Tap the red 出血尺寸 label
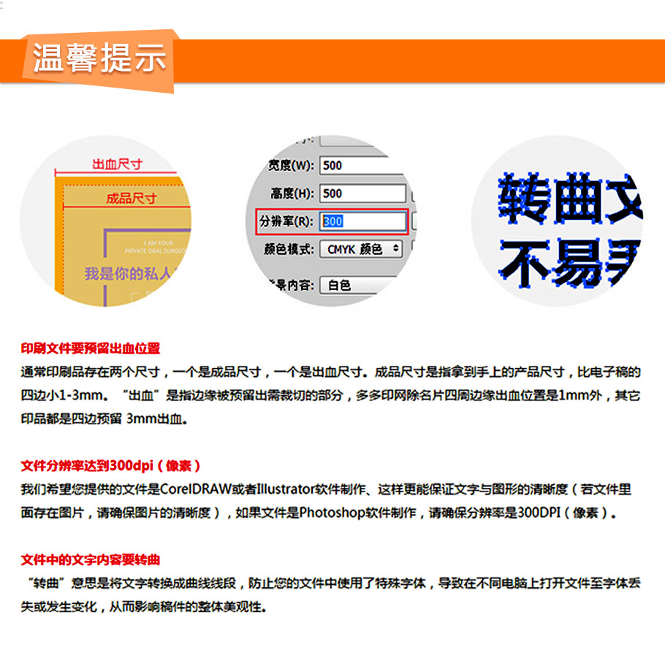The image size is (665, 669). click(x=116, y=164)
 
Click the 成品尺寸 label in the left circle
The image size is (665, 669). click(x=132, y=198)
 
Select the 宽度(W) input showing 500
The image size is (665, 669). click(x=362, y=165)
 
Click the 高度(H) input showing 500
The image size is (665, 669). click(x=362, y=194)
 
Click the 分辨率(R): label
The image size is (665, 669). click(x=286, y=221)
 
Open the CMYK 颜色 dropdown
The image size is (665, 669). click(x=361, y=249)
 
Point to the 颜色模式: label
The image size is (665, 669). click(x=289, y=249)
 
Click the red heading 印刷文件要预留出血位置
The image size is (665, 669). click(x=90, y=348)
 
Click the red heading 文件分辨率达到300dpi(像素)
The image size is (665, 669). click(x=110, y=465)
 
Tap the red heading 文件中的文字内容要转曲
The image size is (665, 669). click(x=90, y=560)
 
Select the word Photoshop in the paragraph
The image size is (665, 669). click(x=332, y=513)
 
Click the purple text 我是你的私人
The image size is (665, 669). click(x=128, y=274)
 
